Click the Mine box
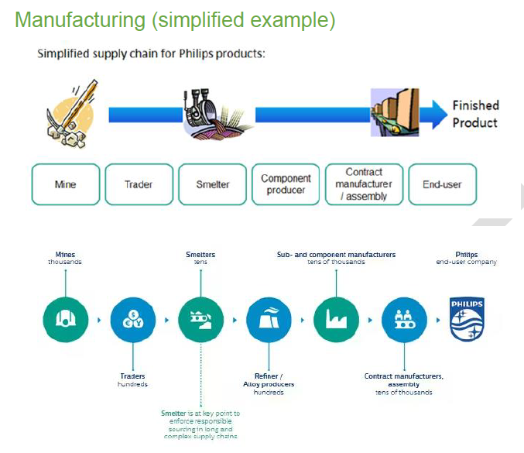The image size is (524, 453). tap(66, 184)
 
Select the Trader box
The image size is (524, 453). tap(139, 184)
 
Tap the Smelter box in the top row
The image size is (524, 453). tap(213, 184)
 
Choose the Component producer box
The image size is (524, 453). tap(286, 184)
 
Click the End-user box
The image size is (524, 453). tap(442, 184)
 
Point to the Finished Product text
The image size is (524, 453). tap(475, 114)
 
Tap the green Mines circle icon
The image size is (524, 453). tap(64, 319)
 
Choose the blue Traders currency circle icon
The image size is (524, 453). tap(132, 319)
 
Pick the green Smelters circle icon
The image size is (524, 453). tap(200, 319)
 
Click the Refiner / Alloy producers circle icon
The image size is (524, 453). tap(269, 319)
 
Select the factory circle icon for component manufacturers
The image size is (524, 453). tap(337, 319)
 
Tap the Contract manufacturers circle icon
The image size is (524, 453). tap(404, 319)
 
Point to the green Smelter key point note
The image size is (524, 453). tap(200, 425)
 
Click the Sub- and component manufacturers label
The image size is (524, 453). tap(336, 255)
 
